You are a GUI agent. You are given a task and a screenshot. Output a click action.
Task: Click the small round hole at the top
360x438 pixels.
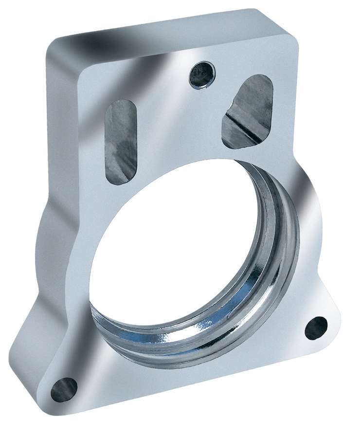201,75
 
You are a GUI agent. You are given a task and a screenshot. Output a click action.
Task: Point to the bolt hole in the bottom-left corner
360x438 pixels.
64,389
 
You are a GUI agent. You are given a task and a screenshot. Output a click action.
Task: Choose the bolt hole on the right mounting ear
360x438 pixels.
316,328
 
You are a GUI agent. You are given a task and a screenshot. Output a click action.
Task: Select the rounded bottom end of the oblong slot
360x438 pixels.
119,178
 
